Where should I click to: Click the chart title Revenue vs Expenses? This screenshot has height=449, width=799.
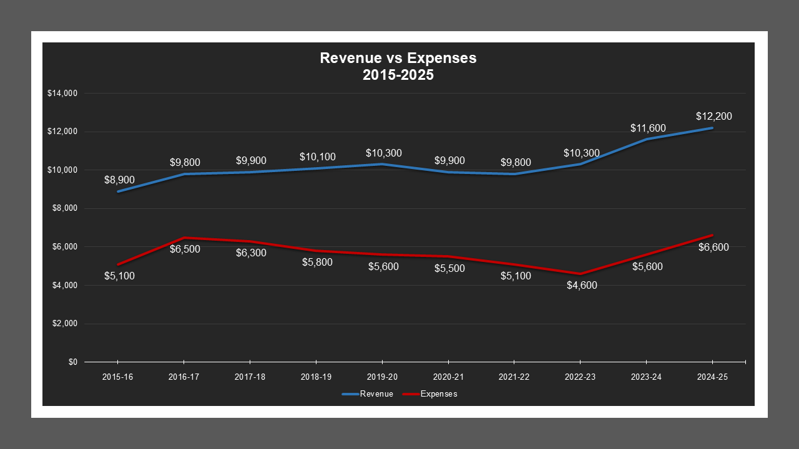[x=398, y=58]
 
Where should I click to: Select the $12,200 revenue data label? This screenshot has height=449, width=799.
[x=713, y=116]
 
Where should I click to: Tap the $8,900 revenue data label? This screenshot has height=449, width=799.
[x=119, y=180]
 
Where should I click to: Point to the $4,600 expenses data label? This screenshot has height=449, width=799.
[x=581, y=286]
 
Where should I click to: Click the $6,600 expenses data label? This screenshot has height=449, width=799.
[x=713, y=247]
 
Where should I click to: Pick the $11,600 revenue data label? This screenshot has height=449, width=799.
[x=647, y=128]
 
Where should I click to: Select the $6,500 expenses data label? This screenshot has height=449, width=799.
[x=185, y=249]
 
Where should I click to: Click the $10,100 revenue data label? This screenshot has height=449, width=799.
[x=317, y=157]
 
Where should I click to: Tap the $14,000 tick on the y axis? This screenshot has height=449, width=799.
[x=62, y=94]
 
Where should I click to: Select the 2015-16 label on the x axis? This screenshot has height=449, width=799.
[x=117, y=377]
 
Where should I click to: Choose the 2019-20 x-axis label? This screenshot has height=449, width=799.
[x=382, y=377]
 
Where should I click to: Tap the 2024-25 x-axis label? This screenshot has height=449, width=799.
[x=713, y=377]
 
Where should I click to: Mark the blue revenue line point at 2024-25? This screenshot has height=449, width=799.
[x=712, y=128]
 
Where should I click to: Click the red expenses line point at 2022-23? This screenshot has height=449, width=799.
[x=580, y=274]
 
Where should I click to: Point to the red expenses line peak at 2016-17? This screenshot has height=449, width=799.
[x=184, y=238]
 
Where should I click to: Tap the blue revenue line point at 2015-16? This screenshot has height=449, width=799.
[x=118, y=191]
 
